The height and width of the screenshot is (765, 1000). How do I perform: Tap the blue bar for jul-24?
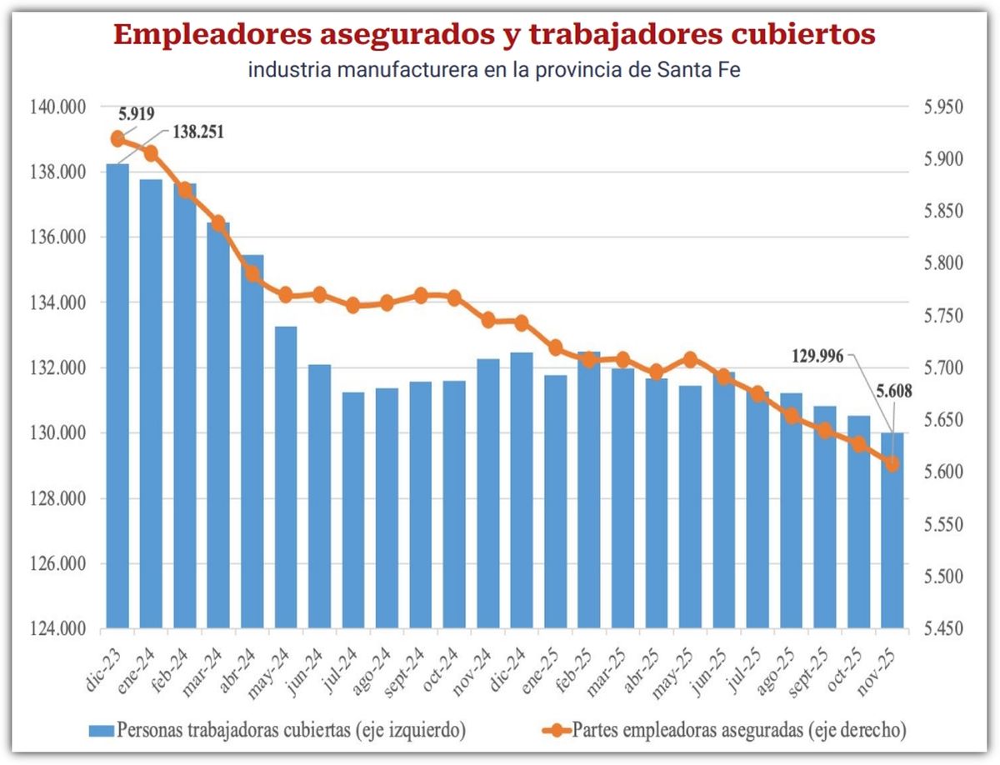(x=353, y=509)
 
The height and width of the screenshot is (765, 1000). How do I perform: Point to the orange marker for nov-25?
(x=892, y=464)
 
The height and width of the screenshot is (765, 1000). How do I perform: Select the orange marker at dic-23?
(x=117, y=138)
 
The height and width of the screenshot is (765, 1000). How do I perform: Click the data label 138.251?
(x=198, y=132)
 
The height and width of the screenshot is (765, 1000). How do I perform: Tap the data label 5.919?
(x=136, y=112)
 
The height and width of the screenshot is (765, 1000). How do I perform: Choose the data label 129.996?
(x=817, y=356)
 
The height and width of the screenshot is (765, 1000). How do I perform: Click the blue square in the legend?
(x=102, y=730)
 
